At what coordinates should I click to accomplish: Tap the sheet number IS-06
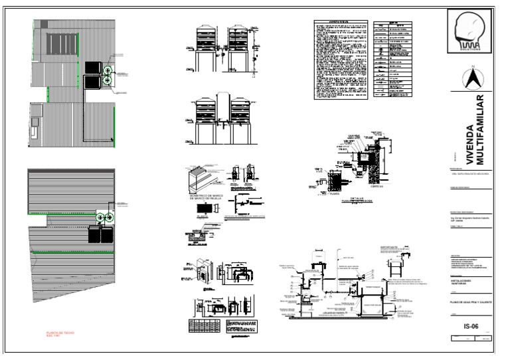click(x=471, y=326)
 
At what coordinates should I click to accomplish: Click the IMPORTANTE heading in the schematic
click(x=389, y=246)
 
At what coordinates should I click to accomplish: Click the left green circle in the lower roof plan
click(x=100, y=218)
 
